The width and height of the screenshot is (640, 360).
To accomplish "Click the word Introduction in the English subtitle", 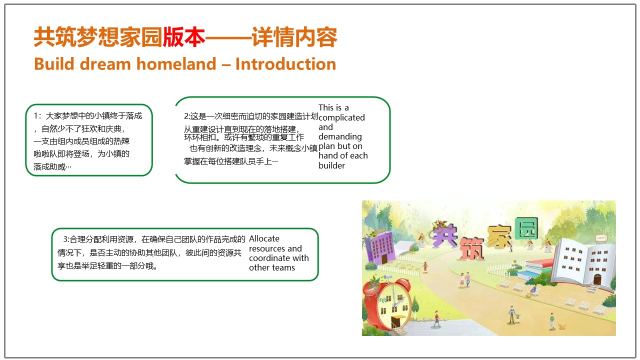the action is (285, 63).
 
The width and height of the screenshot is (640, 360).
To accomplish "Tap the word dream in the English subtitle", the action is (105, 63).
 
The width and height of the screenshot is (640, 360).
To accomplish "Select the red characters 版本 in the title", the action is (184, 37).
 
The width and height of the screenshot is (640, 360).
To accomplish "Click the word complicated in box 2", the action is (341, 117).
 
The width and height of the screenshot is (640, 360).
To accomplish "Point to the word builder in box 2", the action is (331, 165).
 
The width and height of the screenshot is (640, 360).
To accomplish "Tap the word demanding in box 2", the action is (340, 137).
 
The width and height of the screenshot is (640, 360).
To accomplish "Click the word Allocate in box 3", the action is (264, 238).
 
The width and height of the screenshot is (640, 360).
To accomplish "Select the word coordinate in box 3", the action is (269, 258).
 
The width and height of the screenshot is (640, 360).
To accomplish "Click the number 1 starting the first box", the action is (35, 115).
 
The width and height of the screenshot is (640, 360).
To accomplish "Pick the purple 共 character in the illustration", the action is (444, 235).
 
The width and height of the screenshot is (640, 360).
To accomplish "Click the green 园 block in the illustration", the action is (526, 228).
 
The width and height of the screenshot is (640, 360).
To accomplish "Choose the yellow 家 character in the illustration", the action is (499, 236).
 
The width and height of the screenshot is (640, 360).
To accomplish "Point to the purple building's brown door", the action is (384, 258).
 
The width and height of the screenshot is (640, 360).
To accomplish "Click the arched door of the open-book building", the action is (597, 279).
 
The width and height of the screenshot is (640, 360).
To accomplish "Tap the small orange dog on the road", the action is (561, 326).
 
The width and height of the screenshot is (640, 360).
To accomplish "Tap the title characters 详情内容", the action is (294, 37).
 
